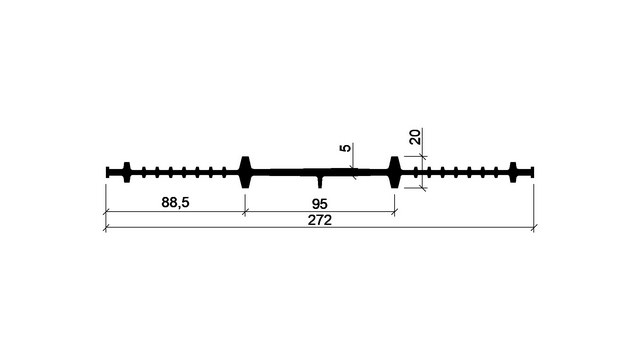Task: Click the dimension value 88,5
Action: tap(176, 202)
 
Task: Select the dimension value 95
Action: tap(320, 204)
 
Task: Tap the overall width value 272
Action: tap(320, 220)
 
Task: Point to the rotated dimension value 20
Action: tap(415, 137)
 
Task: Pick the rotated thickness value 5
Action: tap(345, 148)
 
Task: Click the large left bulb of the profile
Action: tap(245, 172)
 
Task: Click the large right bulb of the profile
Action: tap(394, 172)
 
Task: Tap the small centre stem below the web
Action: tap(320, 182)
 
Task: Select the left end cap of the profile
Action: tap(108, 172)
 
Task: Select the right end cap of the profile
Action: tap(532, 172)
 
